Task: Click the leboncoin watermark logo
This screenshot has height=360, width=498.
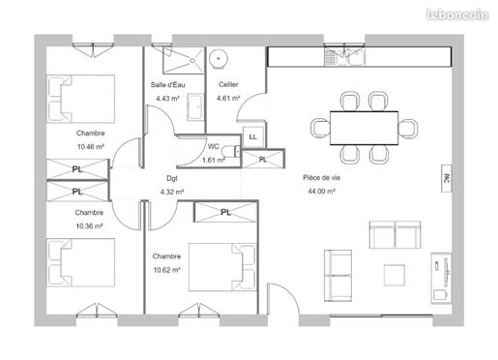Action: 457,15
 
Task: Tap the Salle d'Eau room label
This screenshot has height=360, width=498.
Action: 167,85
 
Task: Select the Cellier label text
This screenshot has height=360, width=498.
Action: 228,84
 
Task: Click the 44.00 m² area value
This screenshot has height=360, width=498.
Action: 321,192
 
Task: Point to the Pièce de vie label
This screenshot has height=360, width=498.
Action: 321,178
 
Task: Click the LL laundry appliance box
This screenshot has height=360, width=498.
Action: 253,136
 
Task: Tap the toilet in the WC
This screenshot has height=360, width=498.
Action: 231,151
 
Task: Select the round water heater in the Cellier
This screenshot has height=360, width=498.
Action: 219,59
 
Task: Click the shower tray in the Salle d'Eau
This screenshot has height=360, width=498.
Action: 184,60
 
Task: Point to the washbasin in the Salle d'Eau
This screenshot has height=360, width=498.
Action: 195,107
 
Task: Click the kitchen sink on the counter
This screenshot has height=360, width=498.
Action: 345,57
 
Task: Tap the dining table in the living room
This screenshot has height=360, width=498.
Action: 364,128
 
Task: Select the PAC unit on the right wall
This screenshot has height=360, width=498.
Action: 447,179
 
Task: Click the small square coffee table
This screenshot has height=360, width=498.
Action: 395,275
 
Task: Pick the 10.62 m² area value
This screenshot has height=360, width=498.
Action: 166,270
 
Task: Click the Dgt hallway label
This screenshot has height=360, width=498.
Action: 172,178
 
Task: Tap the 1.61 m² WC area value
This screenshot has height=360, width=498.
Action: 213,160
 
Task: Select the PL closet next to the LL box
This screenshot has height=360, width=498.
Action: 263,159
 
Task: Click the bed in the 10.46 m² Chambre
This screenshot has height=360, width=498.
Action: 80,99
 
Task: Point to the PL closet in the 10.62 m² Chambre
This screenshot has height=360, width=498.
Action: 225,212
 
